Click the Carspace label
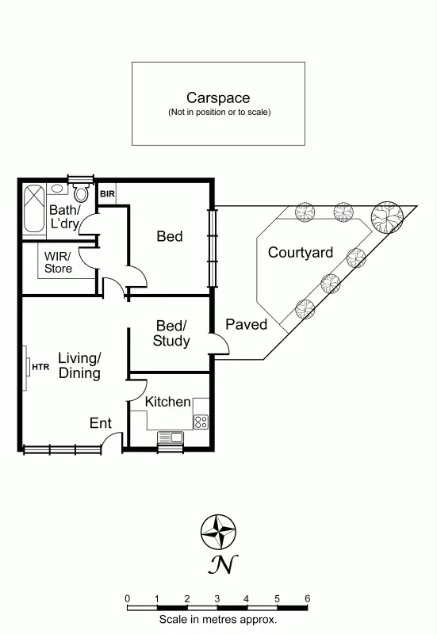point(218,98)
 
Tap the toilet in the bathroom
point(81,193)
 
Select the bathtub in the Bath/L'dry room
point(34,208)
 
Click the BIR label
point(107,193)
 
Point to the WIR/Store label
point(58,262)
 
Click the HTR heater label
point(40,367)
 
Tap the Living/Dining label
point(79,365)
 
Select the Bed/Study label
point(171,334)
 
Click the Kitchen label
point(167,402)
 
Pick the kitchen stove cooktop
point(201,421)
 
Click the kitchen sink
point(170,437)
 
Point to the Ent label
point(100,423)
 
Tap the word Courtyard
point(300,253)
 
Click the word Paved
point(246,324)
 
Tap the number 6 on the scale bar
point(307,598)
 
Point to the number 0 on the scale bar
point(127,598)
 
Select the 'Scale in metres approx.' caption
point(217,620)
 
